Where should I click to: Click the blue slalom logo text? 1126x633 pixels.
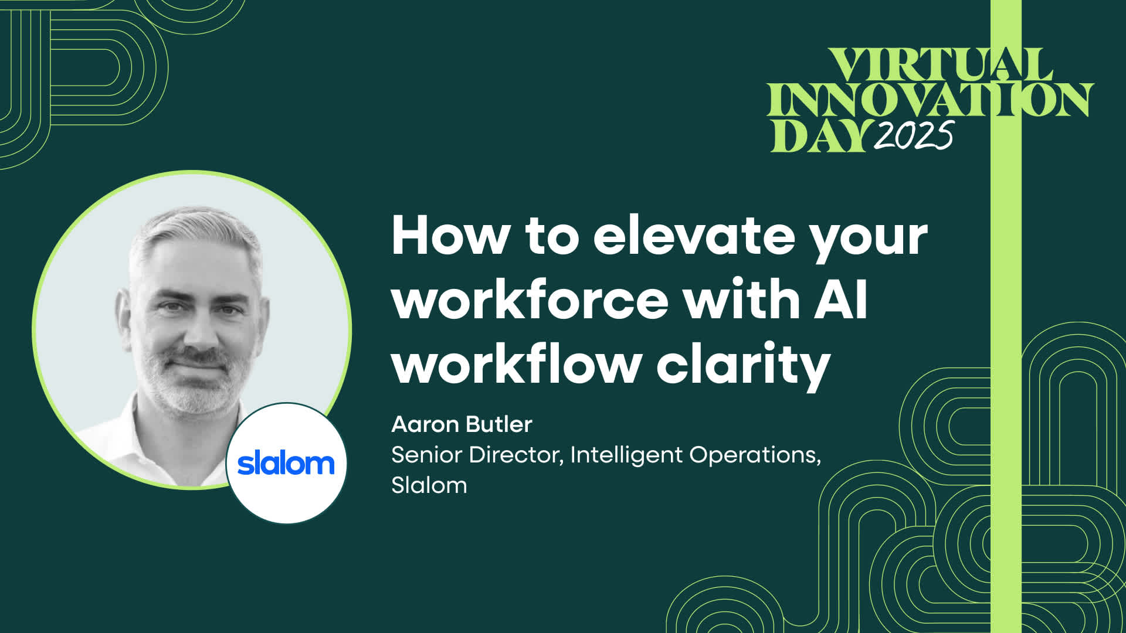(x=286, y=464)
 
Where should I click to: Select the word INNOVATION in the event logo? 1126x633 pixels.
(x=930, y=100)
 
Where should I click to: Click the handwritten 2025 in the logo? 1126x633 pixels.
(x=913, y=136)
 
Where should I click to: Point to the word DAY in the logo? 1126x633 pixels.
(x=820, y=136)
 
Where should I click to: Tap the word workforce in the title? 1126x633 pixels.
(x=530, y=300)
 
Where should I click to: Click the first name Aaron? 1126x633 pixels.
(x=425, y=424)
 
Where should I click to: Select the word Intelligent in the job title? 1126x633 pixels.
(x=626, y=455)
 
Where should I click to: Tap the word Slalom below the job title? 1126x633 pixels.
(x=429, y=486)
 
